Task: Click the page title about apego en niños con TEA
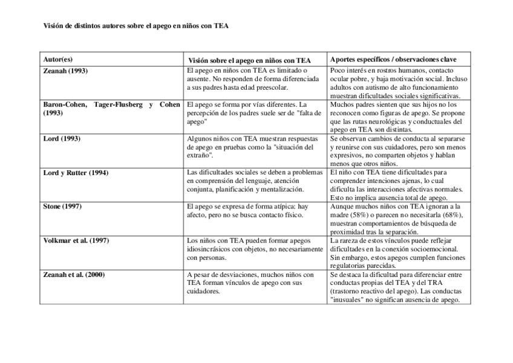click(x=136, y=26)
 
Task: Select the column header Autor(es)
click(x=58, y=59)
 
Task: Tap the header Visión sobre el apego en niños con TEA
click(x=249, y=60)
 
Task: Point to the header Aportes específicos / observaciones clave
click(x=393, y=59)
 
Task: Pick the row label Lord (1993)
click(x=62, y=139)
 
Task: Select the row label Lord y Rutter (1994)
click(x=76, y=173)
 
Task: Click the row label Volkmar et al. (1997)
click(x=76, y=241)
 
